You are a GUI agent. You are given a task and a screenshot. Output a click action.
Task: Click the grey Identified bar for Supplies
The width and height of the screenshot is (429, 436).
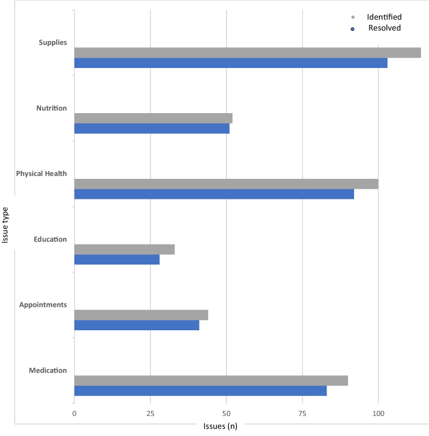(247, 53)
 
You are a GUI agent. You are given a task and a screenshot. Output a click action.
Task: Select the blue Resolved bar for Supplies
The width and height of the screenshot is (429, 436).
(231, 63)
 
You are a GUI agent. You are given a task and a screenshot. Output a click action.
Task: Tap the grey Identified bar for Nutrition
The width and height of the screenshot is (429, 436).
(153, 118)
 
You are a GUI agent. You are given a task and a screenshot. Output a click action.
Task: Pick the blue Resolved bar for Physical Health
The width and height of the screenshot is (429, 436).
(214, 194)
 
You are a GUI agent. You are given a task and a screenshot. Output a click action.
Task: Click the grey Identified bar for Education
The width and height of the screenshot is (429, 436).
(124, 249)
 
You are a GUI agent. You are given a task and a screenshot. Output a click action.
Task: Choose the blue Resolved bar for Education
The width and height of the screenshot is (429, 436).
(117, 259)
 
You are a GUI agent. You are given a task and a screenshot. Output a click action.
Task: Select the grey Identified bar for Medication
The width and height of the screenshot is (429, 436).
(211, 381)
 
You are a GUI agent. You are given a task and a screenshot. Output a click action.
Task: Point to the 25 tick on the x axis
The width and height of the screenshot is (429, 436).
(150, 413)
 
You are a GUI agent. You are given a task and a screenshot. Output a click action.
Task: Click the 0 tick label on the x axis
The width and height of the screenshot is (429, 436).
(74, 413)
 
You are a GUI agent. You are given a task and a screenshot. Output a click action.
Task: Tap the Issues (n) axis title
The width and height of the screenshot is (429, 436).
(220, 426)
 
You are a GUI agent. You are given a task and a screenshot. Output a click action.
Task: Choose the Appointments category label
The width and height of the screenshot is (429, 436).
(43, 305)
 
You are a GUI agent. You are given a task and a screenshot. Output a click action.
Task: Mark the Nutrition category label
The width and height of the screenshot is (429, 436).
(51, 108)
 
